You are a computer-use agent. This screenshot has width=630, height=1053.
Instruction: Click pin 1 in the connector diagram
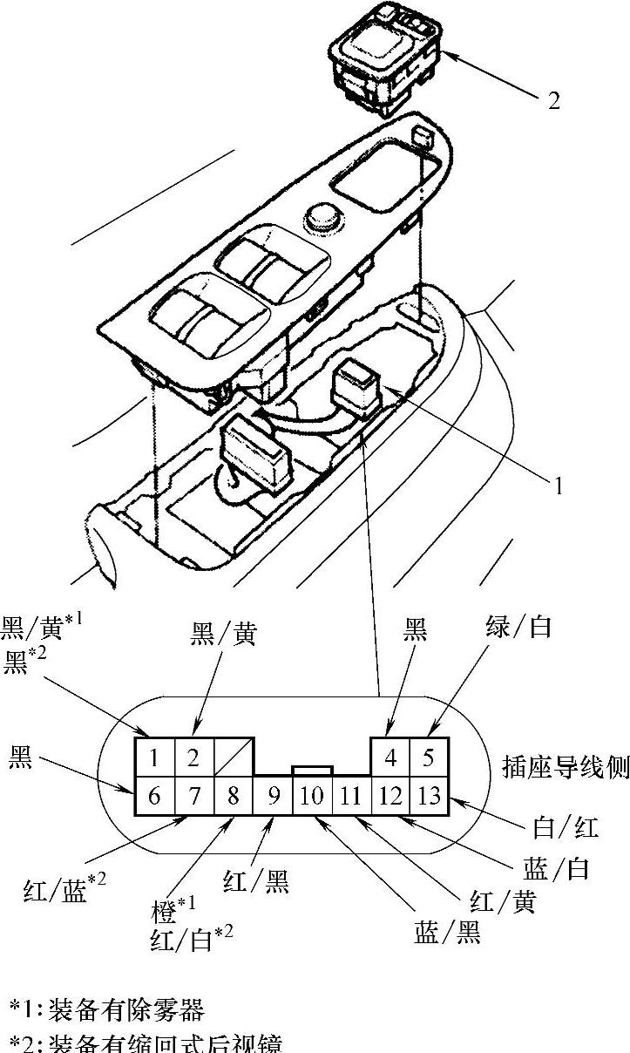(x=154, y=757)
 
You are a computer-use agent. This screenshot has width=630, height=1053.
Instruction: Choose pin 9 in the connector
(x=274, y=795)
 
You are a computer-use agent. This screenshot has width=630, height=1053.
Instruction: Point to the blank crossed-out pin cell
(x=234, y=757)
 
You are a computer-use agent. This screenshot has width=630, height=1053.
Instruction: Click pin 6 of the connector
(x=154, y=795)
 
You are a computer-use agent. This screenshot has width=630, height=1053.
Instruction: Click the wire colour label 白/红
(x=566, y=825)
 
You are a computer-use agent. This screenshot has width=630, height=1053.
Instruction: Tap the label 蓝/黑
(x=447, y=934)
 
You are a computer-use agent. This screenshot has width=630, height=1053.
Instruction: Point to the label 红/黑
(x=255, y=881)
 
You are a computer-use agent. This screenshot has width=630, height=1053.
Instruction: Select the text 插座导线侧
(x=566, y=766)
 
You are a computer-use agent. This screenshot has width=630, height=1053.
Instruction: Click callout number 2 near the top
(x=553, y=101)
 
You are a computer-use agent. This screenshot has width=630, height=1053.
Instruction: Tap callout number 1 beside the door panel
(x=558, y=486)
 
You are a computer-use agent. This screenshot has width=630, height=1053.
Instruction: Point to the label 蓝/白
(x=557, y=869)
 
